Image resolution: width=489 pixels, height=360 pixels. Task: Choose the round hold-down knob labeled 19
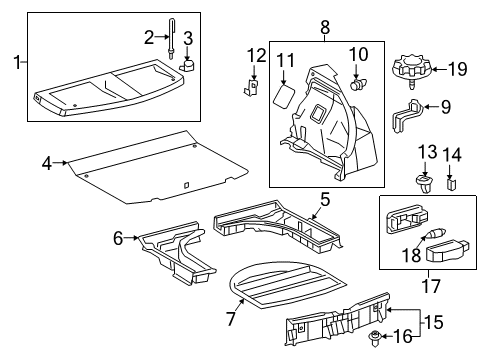pos(413,70)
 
